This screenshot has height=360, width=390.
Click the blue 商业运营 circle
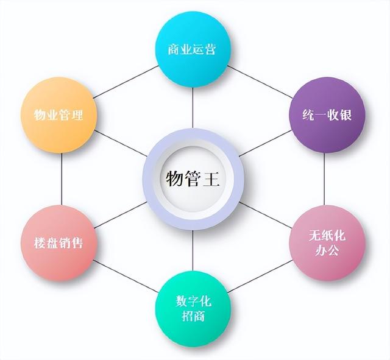point(193,48)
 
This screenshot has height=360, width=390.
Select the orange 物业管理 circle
point(59,115)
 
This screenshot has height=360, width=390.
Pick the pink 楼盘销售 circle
point(59,242)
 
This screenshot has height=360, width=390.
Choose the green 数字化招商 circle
point(193,308)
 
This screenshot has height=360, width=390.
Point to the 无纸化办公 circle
point(327,242)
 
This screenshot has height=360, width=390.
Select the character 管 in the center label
point(193,179)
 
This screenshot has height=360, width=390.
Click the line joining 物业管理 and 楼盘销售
point(62,178)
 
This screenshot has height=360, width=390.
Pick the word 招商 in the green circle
point(193,316)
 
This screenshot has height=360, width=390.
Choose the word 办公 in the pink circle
point(327,250)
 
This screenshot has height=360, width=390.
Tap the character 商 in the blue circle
point(175,49)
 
